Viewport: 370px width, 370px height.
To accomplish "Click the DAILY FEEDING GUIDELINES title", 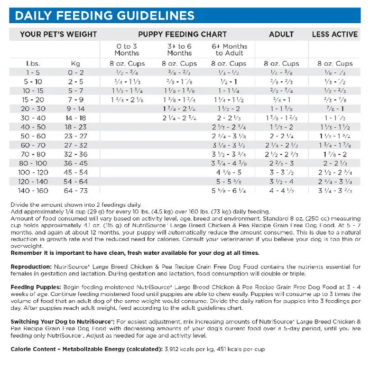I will [104, 15].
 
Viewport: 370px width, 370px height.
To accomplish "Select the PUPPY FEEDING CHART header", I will [175, 34].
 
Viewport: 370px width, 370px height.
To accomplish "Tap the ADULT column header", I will [281, 34].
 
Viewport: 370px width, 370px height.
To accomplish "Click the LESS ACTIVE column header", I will [335, 34].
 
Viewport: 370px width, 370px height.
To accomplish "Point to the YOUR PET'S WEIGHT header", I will [58, 34].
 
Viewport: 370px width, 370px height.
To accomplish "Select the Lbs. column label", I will [33, 63].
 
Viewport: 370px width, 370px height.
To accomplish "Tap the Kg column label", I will [76, 63].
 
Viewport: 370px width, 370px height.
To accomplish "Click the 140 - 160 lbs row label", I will [33, 190].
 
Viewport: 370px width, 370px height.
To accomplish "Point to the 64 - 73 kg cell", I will [76, 190].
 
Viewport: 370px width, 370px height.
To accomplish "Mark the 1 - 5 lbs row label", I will [33, 72].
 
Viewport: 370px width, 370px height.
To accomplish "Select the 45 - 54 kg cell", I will [76, 172].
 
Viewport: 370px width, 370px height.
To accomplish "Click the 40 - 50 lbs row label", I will [33, 127].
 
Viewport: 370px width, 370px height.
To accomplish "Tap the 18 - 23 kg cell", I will [76, 127].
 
